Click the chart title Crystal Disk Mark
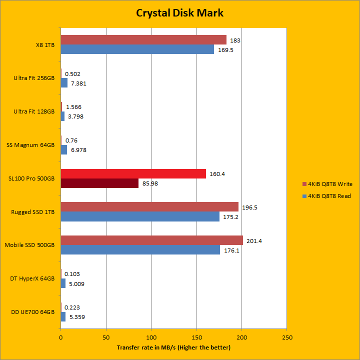pyautogui.click(x=179, y=12)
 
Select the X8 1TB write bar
pyautogui.click(x=143, y=40)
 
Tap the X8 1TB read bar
pyautogui.click(x=137, y=49)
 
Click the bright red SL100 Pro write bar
pyautogui.click(x=133, y=173)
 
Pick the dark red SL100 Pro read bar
pyautogui.click(x=99, y=183)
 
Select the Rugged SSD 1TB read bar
pyautogui.click(x=140, y=216)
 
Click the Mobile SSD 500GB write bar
pyautogui.click(x=151, y=240)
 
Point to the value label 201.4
pyautogui.click(x=254, y=241)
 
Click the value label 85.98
pyautogui.click(x=150, y=183)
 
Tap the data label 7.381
pyautogui.click(x=78, y=83)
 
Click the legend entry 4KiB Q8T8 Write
pyautogui.click(x=330, y=183)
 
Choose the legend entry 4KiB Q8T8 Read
pyautogui.click(x=330, y=196)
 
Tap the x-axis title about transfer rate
pyautogui.click(x=173, y=347)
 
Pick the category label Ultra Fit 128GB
pyautogui.click(x=34, y=111)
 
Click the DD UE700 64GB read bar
pyautogui.click(x=63, y=316)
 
